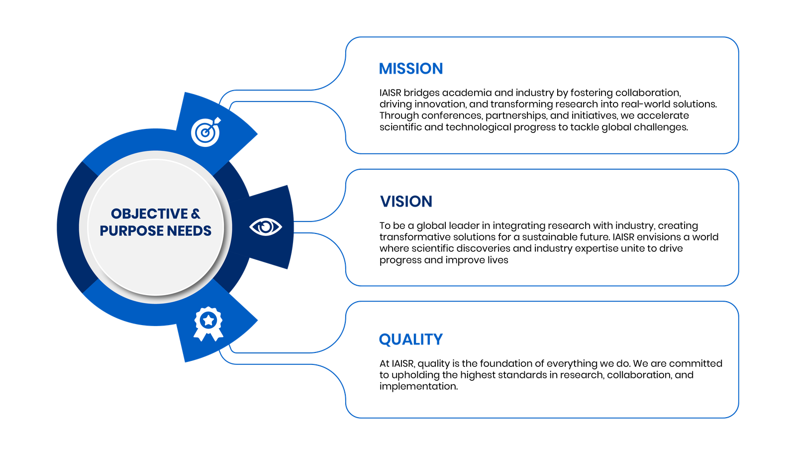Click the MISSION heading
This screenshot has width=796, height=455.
coord(411,69)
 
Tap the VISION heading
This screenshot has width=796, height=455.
coord(406,202)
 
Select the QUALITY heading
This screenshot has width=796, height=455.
coord(410,340)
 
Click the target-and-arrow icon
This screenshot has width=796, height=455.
coord(206,132)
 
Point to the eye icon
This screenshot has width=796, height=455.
coord(265,227)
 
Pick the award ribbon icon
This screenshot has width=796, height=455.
coord(208,323)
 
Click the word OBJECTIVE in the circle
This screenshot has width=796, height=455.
coord(149,214)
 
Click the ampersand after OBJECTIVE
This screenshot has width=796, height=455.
coord(196,214)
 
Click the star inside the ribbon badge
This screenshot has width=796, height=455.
coord(208,319)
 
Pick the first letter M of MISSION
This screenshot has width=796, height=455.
coord(386,69)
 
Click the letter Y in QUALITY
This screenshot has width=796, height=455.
coord(438,340)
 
